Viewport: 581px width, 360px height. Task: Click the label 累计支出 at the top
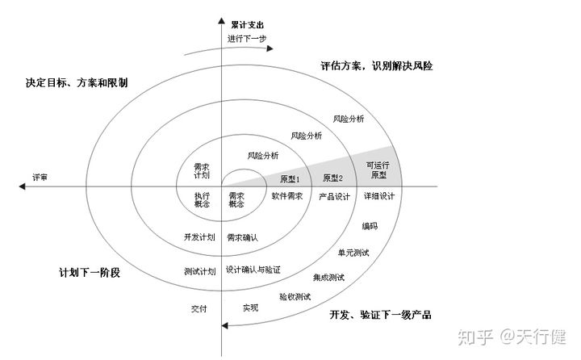tap(248, 25)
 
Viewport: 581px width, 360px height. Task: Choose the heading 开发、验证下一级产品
tap(380, 313)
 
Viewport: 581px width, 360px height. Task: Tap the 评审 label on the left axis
tap(40, 177)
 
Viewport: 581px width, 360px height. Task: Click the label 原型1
tap(290, 178)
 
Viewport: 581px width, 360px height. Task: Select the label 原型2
tap(332, 178)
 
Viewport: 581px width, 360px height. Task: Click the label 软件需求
tap(286, 196)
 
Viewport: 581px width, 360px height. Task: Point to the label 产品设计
tap(333, 196)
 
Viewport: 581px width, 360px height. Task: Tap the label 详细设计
tap(378, 196)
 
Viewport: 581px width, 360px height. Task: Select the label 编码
tap(370, 226)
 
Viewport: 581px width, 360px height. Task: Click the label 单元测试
tap(353, 253)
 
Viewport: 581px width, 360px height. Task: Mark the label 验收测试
tap(295, 296)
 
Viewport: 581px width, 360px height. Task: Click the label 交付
tap(200, 308)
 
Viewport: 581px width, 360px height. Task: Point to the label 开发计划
tap(199, 237)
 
